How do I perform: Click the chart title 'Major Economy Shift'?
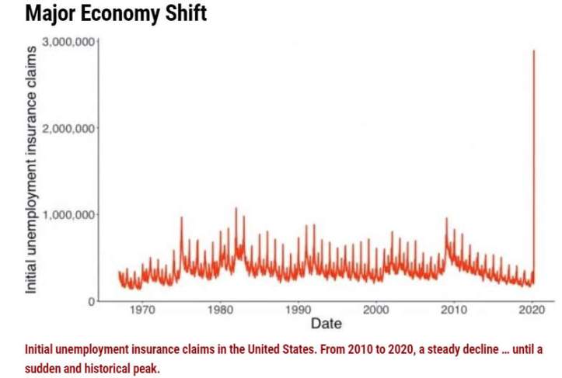pyautogui.click(x=116, y=14)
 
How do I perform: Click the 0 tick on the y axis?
pyautogui.click(x=90, y=300)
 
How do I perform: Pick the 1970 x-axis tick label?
pyautogui.click(x=141, y=310)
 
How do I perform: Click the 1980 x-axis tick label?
pyautogui.click(x=220, y=310)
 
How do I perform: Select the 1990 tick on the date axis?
pyautogui.click(x=298, y=310)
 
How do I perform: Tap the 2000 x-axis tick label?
pyautogui.click(x=376, y=310)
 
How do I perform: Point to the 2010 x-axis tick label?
pyautogui.click(x=454, y=310)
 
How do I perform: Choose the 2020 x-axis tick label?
pyautogui.click(x=532, y=310)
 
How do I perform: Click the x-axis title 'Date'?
pyautogui.click(x=326, y=323)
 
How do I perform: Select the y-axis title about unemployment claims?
pyautogui.click(x=32, y=169)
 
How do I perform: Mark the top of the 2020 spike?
pyautogui.click(x=533, y=51)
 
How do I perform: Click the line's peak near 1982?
pyautogui.click(x=236, y=208)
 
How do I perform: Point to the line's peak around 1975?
pyautogui.click(x=182, y=217)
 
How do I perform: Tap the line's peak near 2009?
pyautogui.click(x=446, y=219)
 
